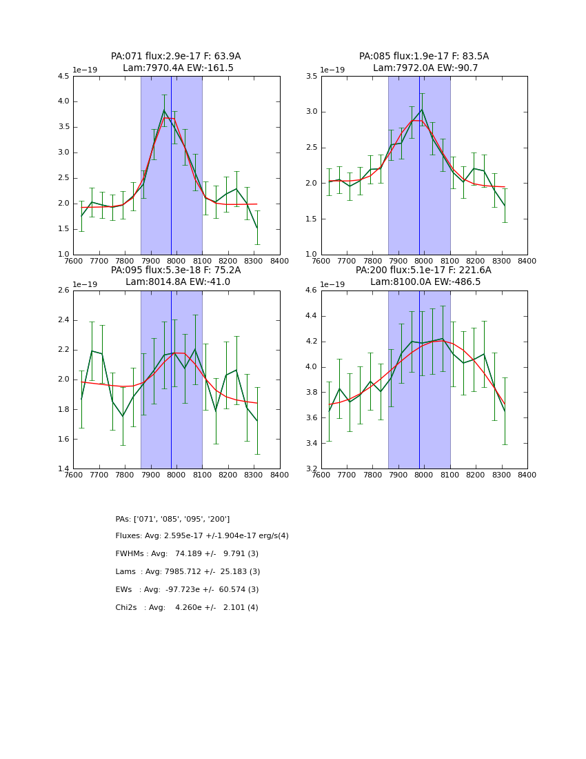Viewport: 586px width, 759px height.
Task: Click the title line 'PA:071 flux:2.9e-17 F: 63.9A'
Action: [x=176, y=57]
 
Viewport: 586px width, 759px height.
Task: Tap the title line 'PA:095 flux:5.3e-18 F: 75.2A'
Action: [x=176, y=270]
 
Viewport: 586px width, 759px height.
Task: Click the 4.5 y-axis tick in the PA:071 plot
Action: [x=63, y=77]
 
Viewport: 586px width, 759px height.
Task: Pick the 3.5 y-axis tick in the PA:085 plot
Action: [x=311, y=77]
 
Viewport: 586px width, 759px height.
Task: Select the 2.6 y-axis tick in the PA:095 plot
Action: [x=63, y=290]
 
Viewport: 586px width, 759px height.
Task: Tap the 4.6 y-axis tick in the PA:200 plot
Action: [x=311, y=290]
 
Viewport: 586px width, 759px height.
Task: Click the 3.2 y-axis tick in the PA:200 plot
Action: [x=311, y=469]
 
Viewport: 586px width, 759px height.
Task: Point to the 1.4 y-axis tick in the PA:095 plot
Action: [x=63, y=469]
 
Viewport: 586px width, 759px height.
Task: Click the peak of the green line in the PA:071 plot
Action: [x=164, y=110]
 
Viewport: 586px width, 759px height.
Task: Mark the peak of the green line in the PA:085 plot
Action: [x=422, y=109]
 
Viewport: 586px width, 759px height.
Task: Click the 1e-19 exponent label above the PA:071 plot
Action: [x=86, y=70]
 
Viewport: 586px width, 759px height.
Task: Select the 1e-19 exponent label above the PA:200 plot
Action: [x=334, y=284]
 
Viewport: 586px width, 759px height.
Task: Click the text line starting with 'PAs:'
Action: [x=172, y=519]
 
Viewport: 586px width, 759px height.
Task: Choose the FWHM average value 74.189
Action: [x=189, y=554]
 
